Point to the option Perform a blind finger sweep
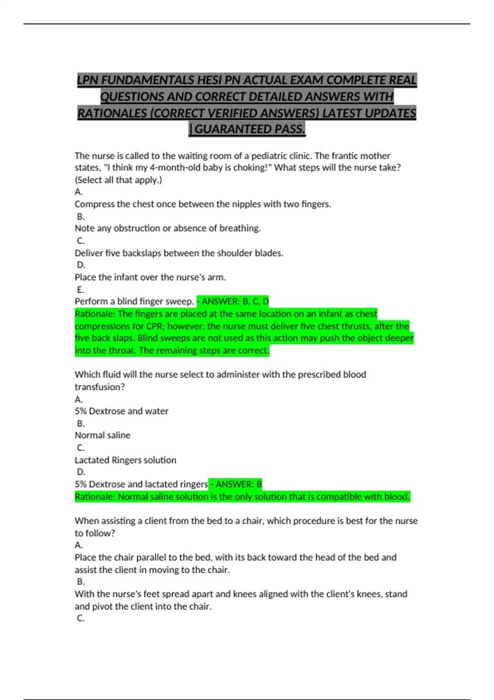click(134, 301)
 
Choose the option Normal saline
click(103, 435)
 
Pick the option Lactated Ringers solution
click(125, 460)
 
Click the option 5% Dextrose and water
click(121, 411)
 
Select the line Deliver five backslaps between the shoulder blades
click(179, 253)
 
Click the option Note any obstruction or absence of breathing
click(168, 228)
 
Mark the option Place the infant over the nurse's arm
click(150, 277)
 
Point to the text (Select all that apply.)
click(118, 180)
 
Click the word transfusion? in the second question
click(100, 387)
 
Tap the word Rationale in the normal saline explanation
click(94, 497)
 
